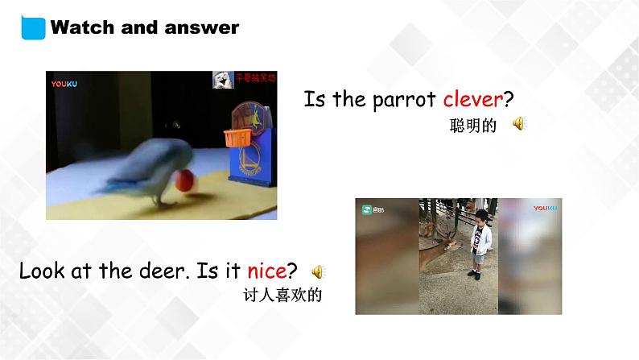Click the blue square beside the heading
click(x=33, y=27)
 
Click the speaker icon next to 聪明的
click(x=520, y=123)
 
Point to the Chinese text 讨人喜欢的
click(x=282, y=296)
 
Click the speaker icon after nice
click(x=318, y=271)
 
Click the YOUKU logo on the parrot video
click(x=64, y=83)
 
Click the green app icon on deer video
click(x=367, y=209)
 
